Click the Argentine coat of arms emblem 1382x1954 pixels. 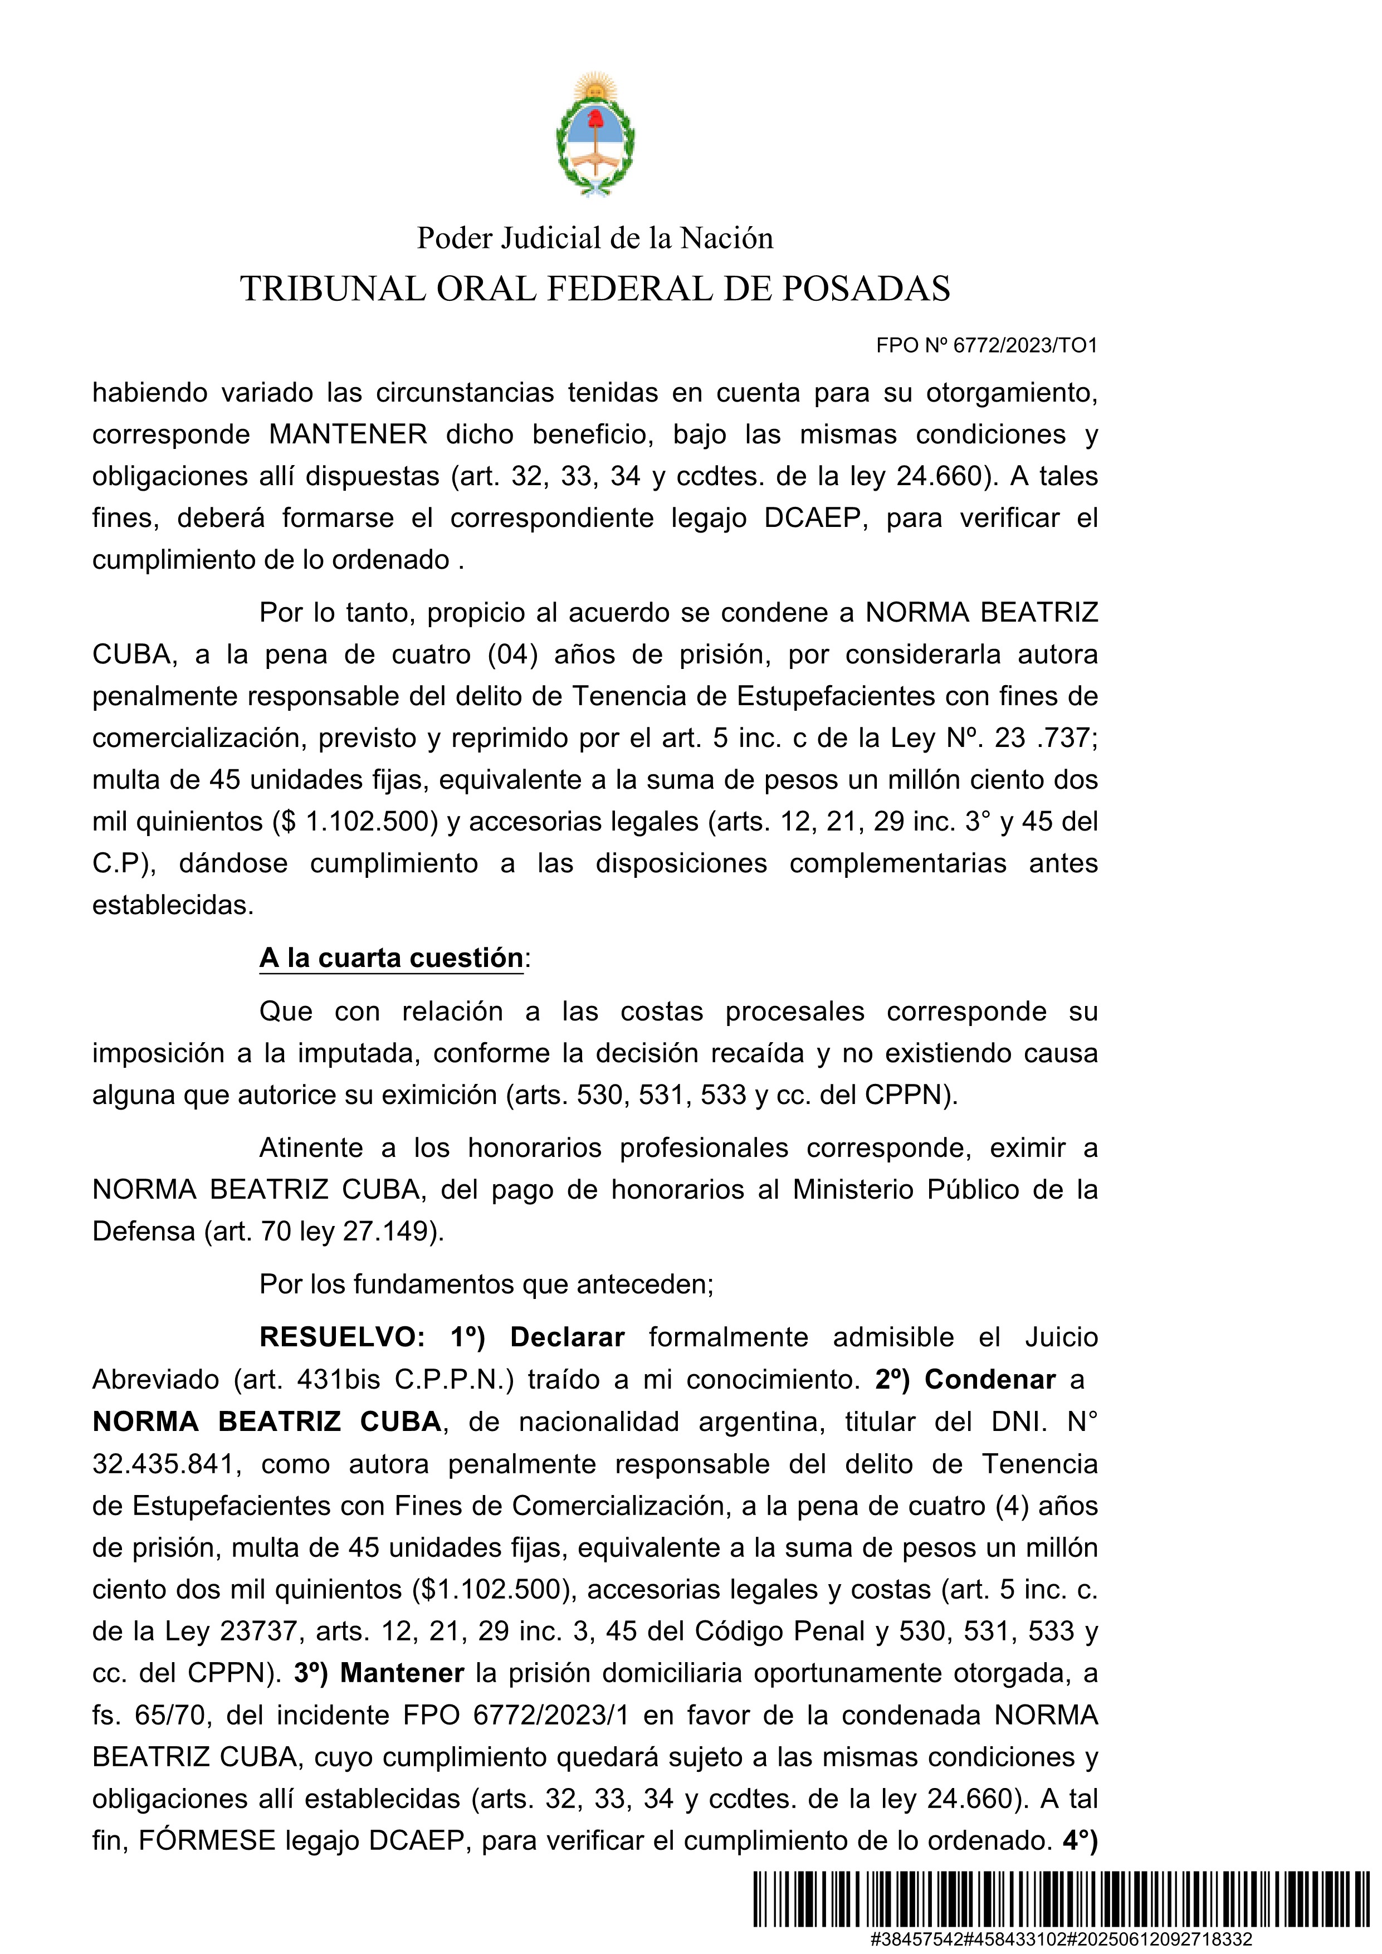pyautogui.click(x=595, y=136)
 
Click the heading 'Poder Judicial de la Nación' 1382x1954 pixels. pyautogui.click(x=595, y=238)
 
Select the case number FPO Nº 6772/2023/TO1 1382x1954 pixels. pyautogui.click(x=987, y=345)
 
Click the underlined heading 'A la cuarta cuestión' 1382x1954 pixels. pyautogui.click(x=392, y=958)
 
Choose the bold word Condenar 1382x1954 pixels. pyautogui.click(x=990, y=1380)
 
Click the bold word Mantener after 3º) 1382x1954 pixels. pyautogui.click(x=402, y=1673)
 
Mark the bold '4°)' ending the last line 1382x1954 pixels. pyautogui.click(x=1080, y=1841)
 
